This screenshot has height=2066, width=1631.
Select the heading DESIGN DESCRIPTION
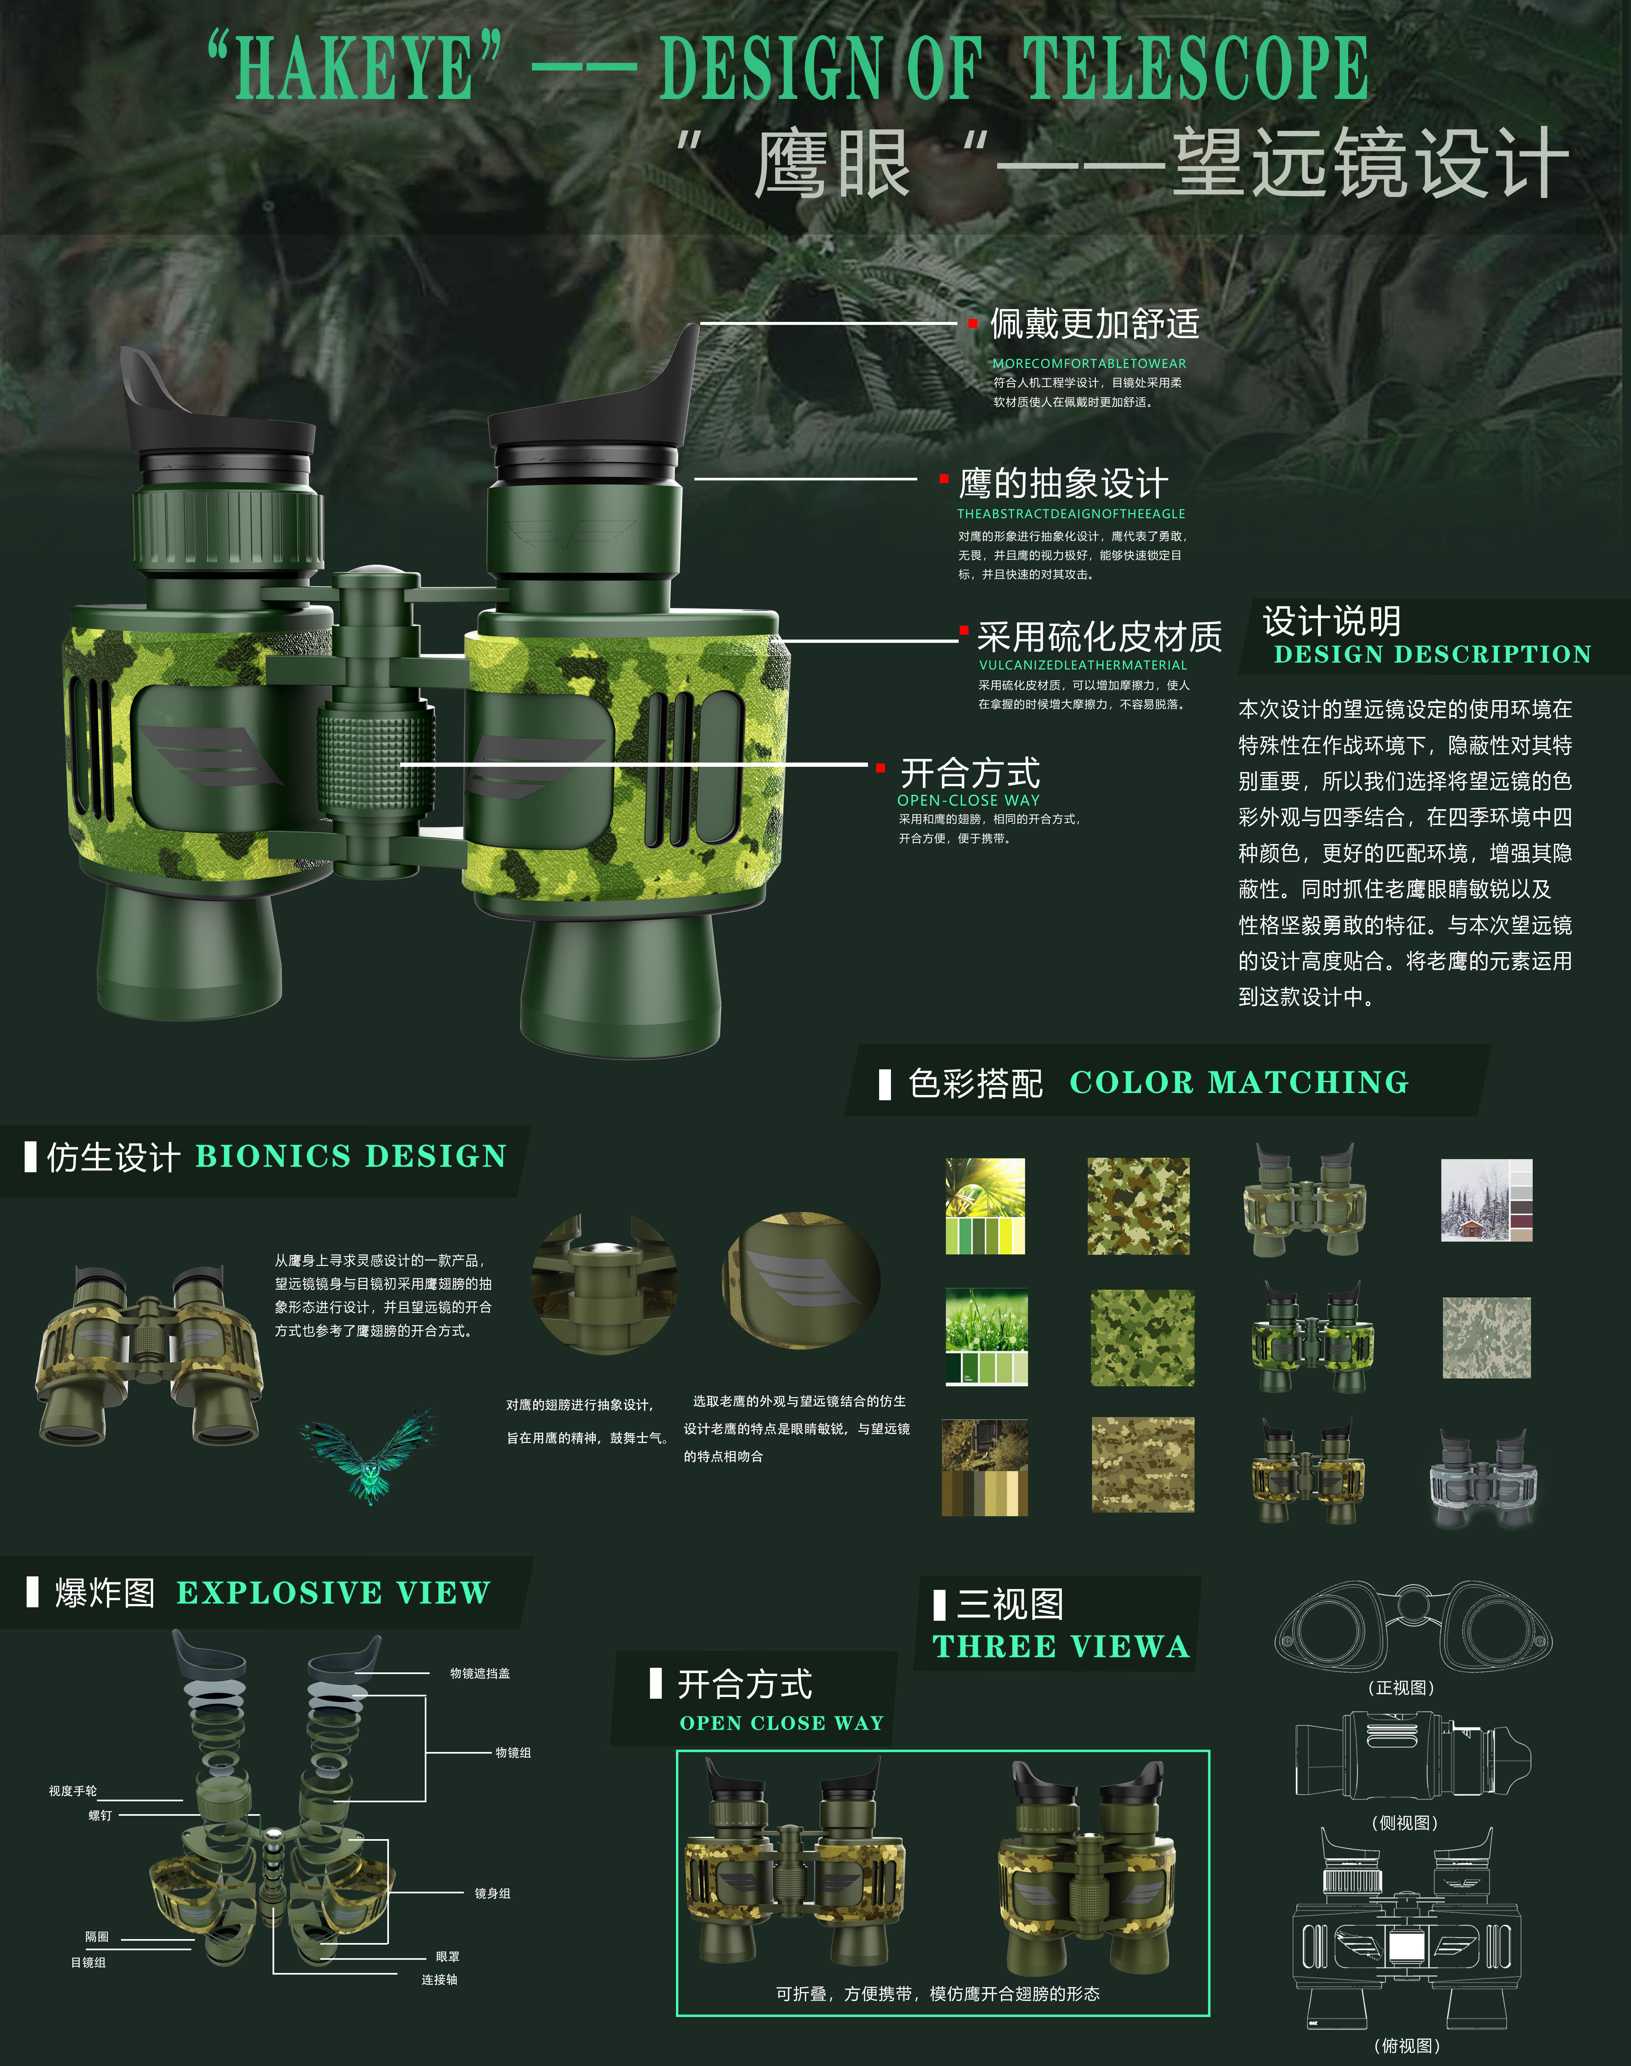1432,654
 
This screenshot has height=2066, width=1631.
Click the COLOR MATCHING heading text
1238,1082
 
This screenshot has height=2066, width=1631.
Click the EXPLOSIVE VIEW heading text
333,1593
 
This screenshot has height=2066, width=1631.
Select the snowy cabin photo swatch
1486,1201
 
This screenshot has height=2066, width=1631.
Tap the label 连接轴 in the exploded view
439,1979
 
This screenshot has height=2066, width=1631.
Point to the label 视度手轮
73,1791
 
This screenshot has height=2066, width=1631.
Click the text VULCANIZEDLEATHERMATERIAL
1083,665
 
